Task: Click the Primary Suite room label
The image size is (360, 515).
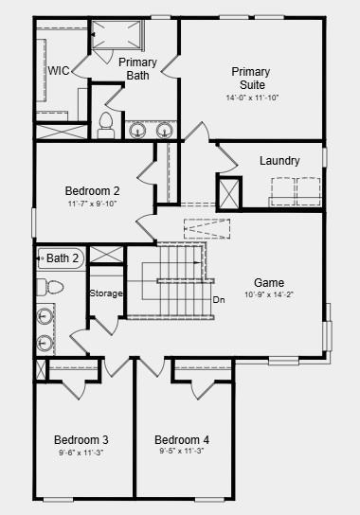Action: point(251,79)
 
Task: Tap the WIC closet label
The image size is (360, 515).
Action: point(59,70)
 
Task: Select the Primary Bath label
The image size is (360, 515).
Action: point(138,68)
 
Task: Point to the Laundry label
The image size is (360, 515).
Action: point(279,161)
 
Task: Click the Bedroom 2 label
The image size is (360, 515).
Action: point(92,189)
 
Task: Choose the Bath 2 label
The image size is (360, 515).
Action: point(63,257)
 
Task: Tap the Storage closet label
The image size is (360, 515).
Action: point(106,293)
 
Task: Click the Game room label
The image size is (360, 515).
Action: point(269,282)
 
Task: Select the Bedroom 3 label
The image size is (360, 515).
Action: point(81,440)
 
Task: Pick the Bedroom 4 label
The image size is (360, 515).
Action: point(182,440)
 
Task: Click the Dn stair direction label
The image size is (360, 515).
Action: point(218,300)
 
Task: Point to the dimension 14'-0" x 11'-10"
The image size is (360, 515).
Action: point(251,98)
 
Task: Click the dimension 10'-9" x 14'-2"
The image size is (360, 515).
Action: point(269,294)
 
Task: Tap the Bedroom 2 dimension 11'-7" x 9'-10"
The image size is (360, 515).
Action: point(93,204)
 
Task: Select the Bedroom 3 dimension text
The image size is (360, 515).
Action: point(81,453)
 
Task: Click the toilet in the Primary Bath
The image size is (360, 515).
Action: point(106,124)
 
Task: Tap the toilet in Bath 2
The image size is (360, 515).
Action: point(49,286)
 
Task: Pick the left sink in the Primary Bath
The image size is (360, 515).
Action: point(138,129)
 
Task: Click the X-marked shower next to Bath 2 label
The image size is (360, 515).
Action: point(106,256)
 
